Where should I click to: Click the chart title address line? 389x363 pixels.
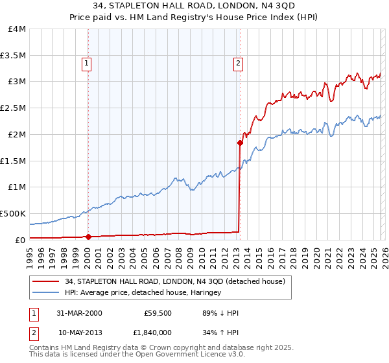(x=194, y=6)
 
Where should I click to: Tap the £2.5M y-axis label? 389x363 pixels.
(x=13, y=108)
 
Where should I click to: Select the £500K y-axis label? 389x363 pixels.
(x=13, y=213)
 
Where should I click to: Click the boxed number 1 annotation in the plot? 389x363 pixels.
(x=86, y=64)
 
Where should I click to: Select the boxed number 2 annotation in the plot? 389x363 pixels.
(x=238, y=64)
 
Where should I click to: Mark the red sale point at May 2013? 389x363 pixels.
(x=240, y=143)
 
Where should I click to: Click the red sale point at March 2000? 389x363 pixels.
(x=88, y=237)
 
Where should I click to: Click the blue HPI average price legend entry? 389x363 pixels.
(x=143, y=293)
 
